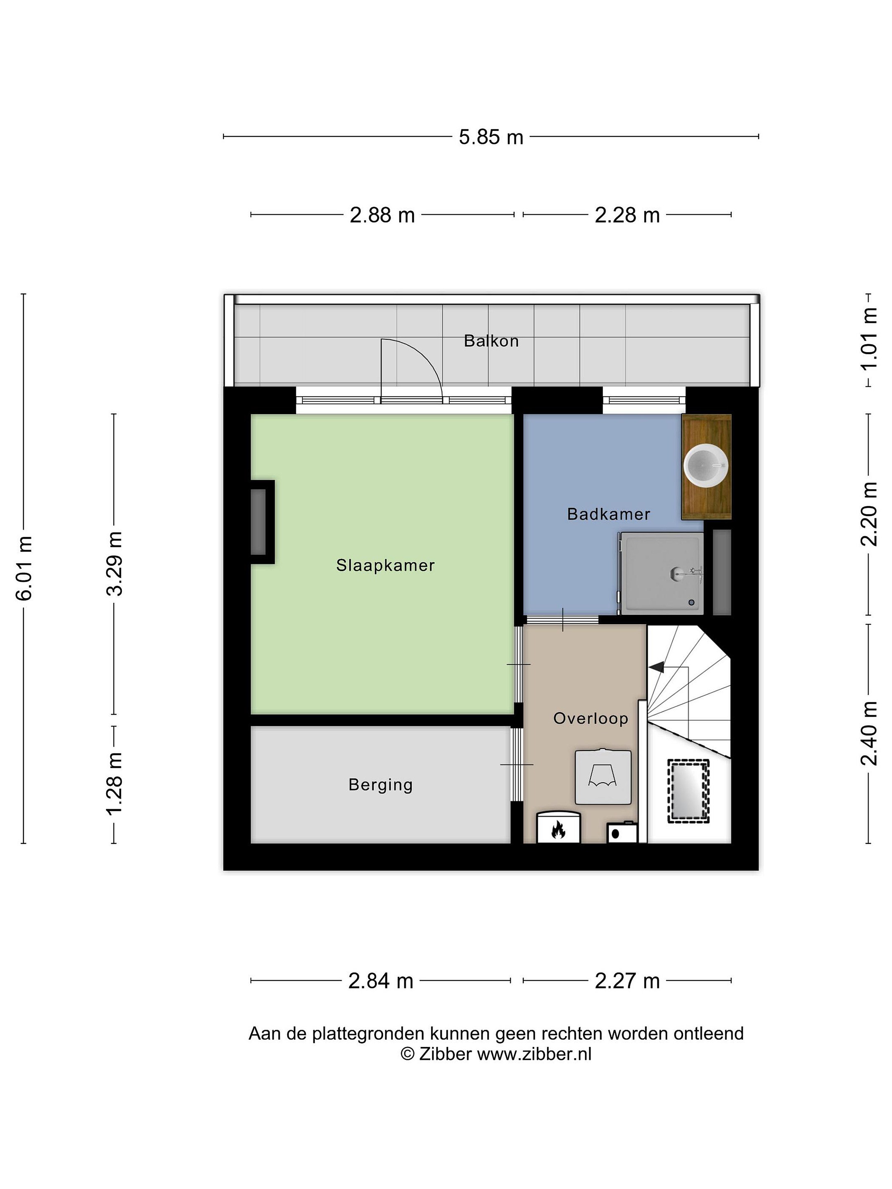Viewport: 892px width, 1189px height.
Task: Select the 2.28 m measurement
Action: pyautogui.click(x=626, y=215)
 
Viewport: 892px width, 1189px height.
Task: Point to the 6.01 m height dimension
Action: pyautogui.click(x=25, y=568)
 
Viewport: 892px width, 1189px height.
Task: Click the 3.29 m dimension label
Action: pyautogui.click(x=114, y=564)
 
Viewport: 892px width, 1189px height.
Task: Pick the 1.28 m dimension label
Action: pyautogui.click(x=114, y=784)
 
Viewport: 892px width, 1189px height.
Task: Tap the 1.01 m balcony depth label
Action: pyautogui.click(x=869, y=339)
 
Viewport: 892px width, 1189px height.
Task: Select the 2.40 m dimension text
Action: pyautogui.click(x=869, y=733)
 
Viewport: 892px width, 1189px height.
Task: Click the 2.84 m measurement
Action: pyautogui.click(x=381, y=981)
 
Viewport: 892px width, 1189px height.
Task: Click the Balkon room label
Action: pyautogui.click(x=491, y=341)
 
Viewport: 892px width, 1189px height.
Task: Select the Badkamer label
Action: pyautogui.click(x=609, y=514)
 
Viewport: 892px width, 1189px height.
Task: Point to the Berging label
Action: pyautogui.click(x=381, y=785)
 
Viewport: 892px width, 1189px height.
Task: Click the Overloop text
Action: pyautogui.click(x=591, y=719)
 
